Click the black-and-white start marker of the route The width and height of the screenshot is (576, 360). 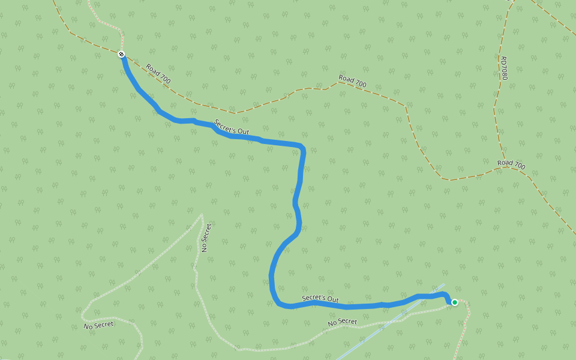click(x=122, y=55)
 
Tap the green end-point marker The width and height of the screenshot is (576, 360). click(x=455, y=302)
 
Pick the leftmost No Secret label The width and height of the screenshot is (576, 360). click(x=98, y=325)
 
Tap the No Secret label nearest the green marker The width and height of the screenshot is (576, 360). click(x=343, y=322)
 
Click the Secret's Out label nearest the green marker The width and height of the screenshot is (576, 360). click(x=320, y=298)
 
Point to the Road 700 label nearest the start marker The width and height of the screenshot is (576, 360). click(x=158, y=73)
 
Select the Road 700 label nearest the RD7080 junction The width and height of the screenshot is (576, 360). click(x=511, y=164)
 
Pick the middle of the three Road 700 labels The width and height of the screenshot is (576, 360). click(x=352, y=82)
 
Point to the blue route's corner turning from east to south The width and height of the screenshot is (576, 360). click(x=303, y=148)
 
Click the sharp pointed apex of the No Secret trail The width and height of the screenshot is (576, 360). click(x=202, y=214)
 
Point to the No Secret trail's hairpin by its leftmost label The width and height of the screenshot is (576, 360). click(x=83, y=313)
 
